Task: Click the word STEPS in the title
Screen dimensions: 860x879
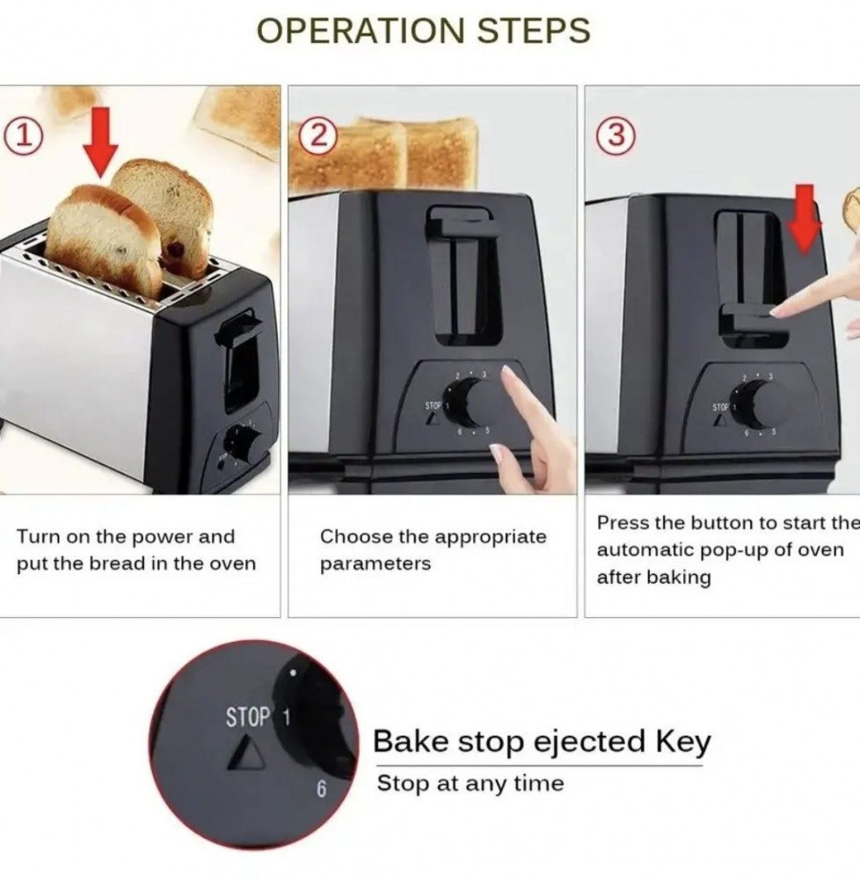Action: coord(533,30)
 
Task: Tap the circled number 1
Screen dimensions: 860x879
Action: coord(24,136)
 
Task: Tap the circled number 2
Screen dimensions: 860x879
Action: coord(318,136)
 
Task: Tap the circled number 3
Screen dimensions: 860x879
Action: coord(616,135)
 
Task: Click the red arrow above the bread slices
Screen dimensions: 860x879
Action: coord(100,143)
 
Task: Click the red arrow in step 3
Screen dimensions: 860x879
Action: coord(805,219)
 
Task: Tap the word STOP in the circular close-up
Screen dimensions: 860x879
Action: coord(248,717)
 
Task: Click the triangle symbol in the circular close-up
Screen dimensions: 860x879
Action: coord(247,753)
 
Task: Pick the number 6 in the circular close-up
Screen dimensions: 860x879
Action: coord(321,789)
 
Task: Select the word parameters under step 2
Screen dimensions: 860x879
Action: coord(375,564)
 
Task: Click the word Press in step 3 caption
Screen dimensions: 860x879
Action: coord(623,522)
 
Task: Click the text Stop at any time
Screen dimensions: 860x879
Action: coord(470,783)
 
